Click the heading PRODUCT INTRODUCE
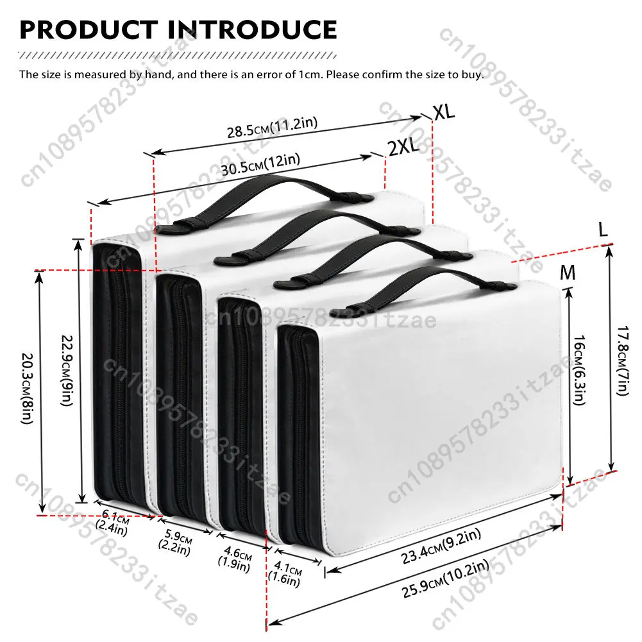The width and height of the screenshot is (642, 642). [178, 30]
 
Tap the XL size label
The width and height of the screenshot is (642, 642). [443, 112]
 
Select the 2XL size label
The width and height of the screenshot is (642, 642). [403, 148]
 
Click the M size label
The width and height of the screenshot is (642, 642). [568, 273]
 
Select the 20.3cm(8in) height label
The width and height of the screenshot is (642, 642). [26, 391]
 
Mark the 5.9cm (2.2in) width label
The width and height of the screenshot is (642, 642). [174, 541]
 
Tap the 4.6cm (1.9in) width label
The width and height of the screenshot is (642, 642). [235, 555]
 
